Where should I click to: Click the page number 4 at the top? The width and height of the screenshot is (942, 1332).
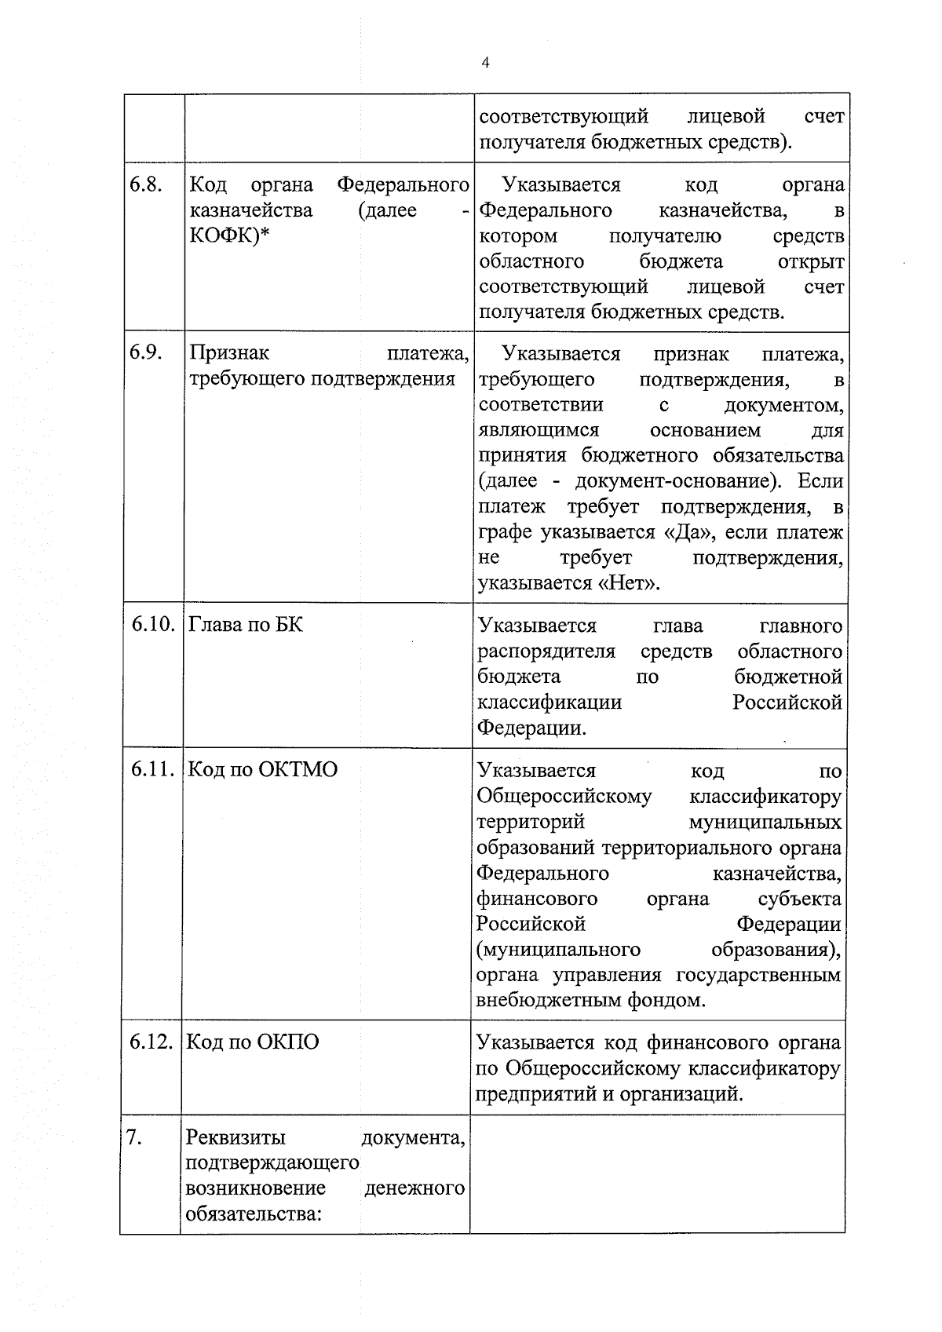(484, 64)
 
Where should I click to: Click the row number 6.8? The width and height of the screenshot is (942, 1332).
(146, 185)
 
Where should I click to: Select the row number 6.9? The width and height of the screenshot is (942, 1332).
(146, 353)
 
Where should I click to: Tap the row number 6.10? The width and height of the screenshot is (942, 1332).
(152, 625)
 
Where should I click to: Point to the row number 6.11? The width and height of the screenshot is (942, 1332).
(152, 769)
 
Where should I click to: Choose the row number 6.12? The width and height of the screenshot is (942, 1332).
(151, 1042)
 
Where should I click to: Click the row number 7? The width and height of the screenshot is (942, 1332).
(134, 1137)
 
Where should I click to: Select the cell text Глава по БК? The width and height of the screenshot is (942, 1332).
(246, 625)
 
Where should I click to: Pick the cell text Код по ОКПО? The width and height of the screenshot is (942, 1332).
(254, 1042)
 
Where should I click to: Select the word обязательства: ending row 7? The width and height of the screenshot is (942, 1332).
(254, 1214)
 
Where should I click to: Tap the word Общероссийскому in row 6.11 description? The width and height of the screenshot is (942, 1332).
(564, 796)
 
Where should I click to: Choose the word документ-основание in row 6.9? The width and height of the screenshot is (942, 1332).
(674, 481)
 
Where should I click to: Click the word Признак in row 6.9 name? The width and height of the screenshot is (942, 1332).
(229, 353)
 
